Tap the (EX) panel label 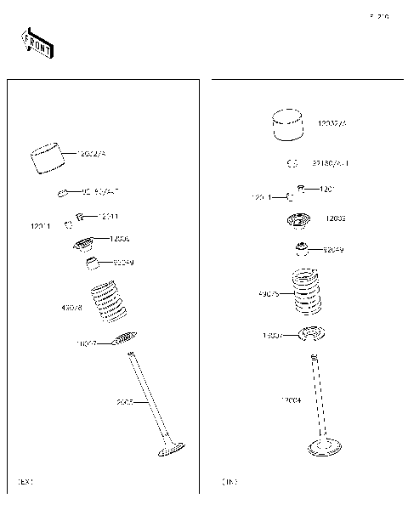[25, 482]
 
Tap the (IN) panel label [229, 482]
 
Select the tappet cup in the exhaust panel [48, 159]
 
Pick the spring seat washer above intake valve [311, 334]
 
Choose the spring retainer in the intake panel [298, 221]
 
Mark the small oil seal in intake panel [301, 249]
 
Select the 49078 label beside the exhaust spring [71, 307]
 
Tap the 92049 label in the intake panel [332, 250]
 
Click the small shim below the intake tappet [292, 163]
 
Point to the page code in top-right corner [378, 16]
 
